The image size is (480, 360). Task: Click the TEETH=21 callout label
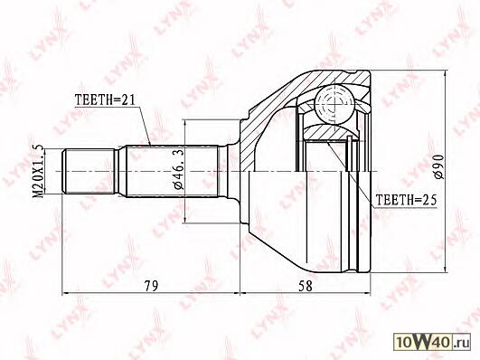[x=105, y=99]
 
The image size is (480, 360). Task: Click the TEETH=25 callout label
[x=406, y=200]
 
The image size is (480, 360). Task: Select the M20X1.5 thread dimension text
[x=39, y=171]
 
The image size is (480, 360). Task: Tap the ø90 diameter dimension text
[x=438, y=166]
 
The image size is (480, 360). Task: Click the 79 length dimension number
[x=151, y=286]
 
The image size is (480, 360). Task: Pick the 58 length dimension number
[x=306, y=286]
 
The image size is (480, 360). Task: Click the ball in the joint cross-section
[x=334, y=104]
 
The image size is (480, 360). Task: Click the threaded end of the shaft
[x=89, y=171]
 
